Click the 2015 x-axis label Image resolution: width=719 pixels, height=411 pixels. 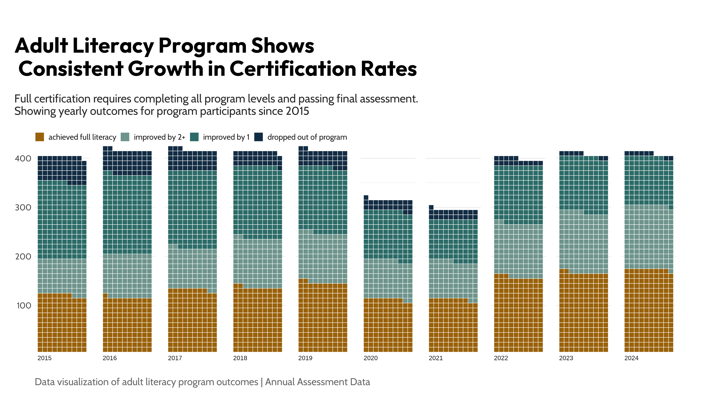(45, 358)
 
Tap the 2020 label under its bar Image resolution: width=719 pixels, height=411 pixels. (371, 358)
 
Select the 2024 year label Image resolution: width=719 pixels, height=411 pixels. (631, 358)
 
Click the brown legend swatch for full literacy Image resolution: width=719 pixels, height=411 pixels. (39, 137)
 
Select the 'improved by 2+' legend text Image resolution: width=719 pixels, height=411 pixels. (159, 137)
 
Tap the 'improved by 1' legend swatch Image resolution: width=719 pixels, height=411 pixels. (194, 137)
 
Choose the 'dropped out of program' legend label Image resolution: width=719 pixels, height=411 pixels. (307, 137)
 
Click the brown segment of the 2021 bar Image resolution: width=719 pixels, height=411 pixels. (453, 328)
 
